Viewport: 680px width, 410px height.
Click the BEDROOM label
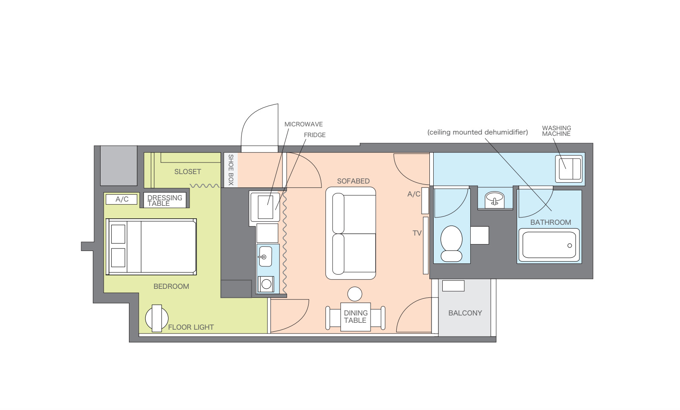171,286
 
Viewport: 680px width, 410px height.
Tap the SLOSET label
187,172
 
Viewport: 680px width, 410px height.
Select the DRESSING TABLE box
165,200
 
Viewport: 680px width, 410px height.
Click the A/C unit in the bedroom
121,199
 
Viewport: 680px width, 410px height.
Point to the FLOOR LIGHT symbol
156,318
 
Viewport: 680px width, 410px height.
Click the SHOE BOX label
231,170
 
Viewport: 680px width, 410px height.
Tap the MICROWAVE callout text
303,124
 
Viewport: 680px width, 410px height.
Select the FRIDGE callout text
315,135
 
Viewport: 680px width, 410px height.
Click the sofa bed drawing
351,233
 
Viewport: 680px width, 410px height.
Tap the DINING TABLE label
355,317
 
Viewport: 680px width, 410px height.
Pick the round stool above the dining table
355,294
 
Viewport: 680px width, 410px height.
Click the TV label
417,233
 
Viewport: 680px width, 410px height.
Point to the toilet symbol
451,244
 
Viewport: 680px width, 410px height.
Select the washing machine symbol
569,169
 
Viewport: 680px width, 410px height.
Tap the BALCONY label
465,313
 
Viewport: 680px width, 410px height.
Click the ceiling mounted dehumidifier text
478,132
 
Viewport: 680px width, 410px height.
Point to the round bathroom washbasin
495,199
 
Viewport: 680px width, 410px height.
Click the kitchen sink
266,257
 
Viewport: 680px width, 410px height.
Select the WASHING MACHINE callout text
557,131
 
